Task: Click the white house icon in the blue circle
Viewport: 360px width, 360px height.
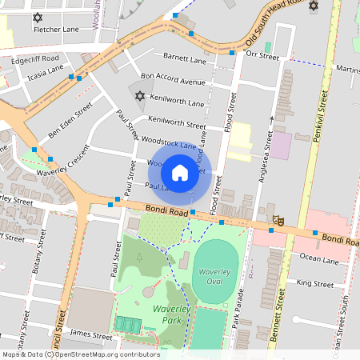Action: point(180,172)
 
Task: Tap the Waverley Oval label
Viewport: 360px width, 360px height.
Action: point(214,274)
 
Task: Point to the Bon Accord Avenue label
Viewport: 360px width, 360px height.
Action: point(173,82)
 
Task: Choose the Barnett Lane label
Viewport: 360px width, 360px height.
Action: point(185,57)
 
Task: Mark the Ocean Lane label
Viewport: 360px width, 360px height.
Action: point(318,259)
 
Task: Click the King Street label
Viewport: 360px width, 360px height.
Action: point(314,283)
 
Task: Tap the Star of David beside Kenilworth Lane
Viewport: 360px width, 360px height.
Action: point(141,96)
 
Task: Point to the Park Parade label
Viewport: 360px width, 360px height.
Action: point(236,312)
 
